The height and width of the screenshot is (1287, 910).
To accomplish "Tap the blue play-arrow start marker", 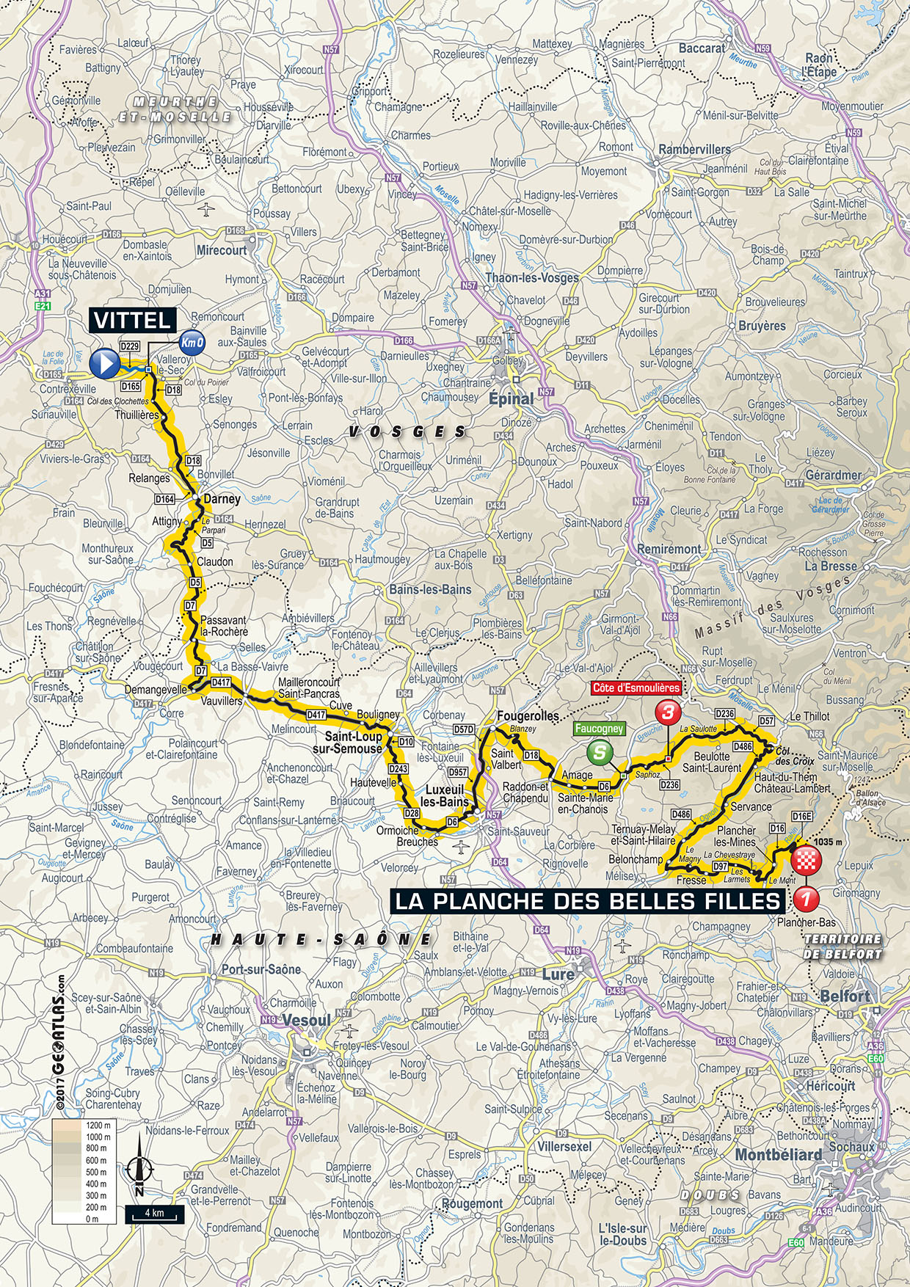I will (x=104, y=362).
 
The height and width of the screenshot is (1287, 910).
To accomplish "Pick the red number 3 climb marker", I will (x=668, y=712).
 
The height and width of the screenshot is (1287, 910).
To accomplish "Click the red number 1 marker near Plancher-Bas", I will (x=806, y=897).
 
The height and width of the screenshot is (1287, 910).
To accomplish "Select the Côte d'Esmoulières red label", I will (x=636, y=688).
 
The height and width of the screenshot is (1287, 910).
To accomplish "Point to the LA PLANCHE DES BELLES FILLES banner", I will (x=587, y=901).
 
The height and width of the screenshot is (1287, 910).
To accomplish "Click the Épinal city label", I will (x=512, y=399).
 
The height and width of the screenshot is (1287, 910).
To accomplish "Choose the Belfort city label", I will (x=845, y=996).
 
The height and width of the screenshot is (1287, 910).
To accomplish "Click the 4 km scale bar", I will (x=154, y=1213).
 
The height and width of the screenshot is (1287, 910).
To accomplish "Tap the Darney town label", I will (x=222, y=499).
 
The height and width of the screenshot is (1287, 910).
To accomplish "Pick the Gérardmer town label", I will (x=833, y=475).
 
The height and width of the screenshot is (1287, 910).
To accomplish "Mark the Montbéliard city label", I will (x=779, y=1155).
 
